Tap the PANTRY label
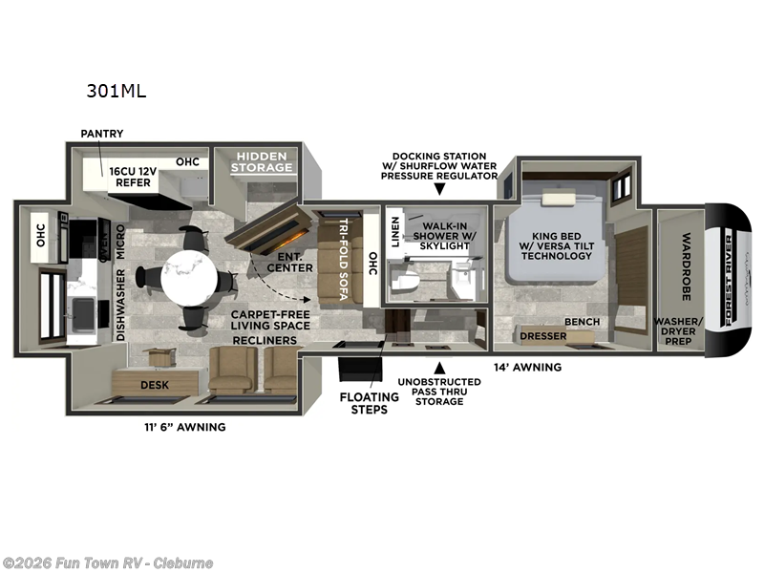click(x=101, y=134)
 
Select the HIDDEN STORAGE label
click(x=264, y=161)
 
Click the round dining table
click(x=184, y=277)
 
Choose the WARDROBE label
click(x=685, y=266)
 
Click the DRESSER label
click(x=542, y=336)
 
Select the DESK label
click(x=154, y=385)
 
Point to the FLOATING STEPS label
click(x=367, y=403)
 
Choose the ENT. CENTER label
click(x=290, y=262)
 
